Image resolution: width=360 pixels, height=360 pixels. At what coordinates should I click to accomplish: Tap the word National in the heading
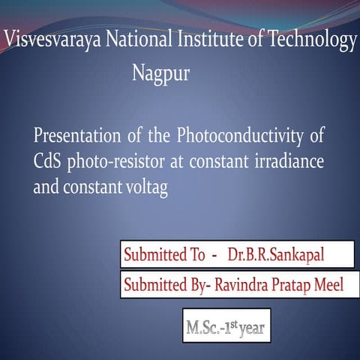click(x=132, y=40)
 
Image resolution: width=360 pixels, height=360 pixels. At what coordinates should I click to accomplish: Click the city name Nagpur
click(x=160, y=74)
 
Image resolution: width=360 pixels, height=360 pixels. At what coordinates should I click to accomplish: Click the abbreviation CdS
click(x=48, y=162)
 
